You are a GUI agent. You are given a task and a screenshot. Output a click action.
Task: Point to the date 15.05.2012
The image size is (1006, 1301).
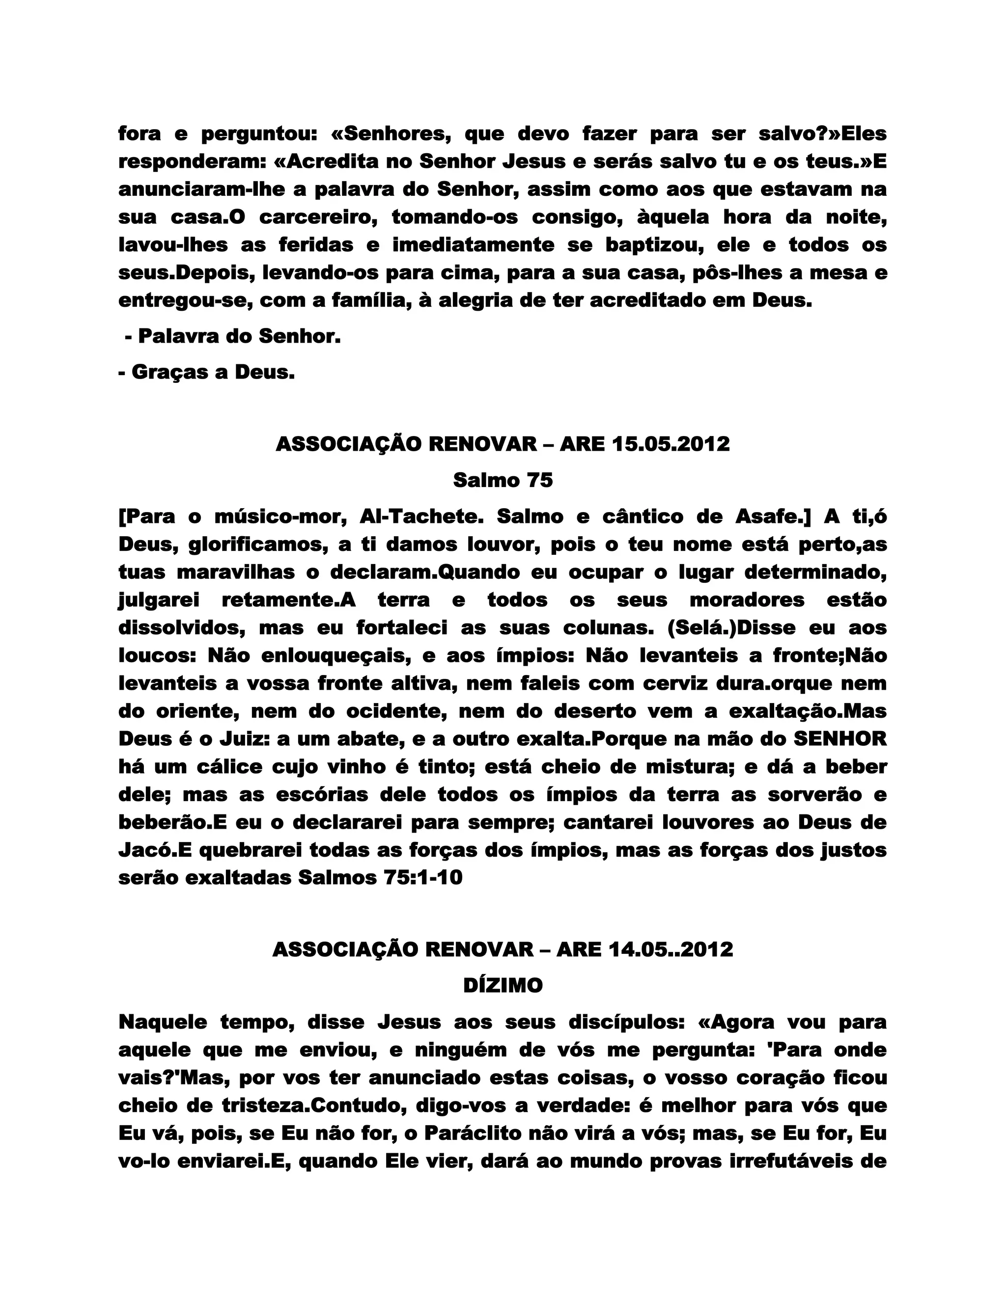[x=671, y=444]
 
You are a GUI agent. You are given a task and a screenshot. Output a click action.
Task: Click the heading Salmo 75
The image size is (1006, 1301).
[x=503, y=480]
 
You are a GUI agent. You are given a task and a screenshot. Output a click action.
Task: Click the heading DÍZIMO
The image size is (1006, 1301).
[x=503, y=986]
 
